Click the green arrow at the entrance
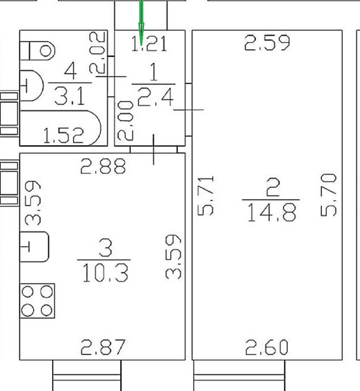[141, 22]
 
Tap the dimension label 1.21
[149, 44]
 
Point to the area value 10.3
[105, 272]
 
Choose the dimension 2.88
[103, 166]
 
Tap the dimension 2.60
[267, 348]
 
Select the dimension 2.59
[267, 43]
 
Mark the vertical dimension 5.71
[207, 196]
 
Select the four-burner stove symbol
[37, 301]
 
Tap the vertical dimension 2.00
[126, 120]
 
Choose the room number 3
[105, 249]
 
